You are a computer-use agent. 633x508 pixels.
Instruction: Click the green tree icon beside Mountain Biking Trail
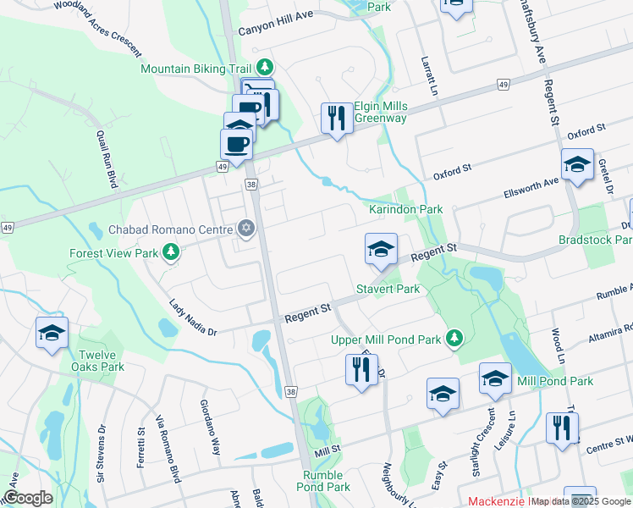click(x=266, y=67)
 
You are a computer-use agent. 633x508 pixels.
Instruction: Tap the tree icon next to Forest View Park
click(x=171, y=252)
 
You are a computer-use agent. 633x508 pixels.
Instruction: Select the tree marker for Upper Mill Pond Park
click(x=454, y=340)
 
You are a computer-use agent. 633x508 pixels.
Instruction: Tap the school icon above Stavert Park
click(x=381, y=248)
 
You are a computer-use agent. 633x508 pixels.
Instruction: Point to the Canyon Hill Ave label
click(x=276, y=28)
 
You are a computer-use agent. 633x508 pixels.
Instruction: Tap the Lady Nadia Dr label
click(x=194, y=318)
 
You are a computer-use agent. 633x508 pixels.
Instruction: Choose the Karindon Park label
click(x=406, y=209)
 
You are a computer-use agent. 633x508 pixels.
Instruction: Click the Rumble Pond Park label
click(x=327, y=481)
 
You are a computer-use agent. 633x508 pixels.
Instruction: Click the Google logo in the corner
click(x=28, y=498)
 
